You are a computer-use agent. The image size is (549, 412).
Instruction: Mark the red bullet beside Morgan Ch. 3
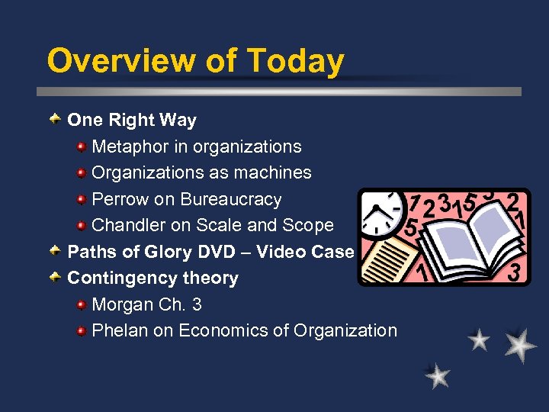[82, 304]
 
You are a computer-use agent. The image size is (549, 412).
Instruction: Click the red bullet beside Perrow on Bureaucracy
[82, 199]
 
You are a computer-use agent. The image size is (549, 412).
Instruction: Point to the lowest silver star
[437, 375]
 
